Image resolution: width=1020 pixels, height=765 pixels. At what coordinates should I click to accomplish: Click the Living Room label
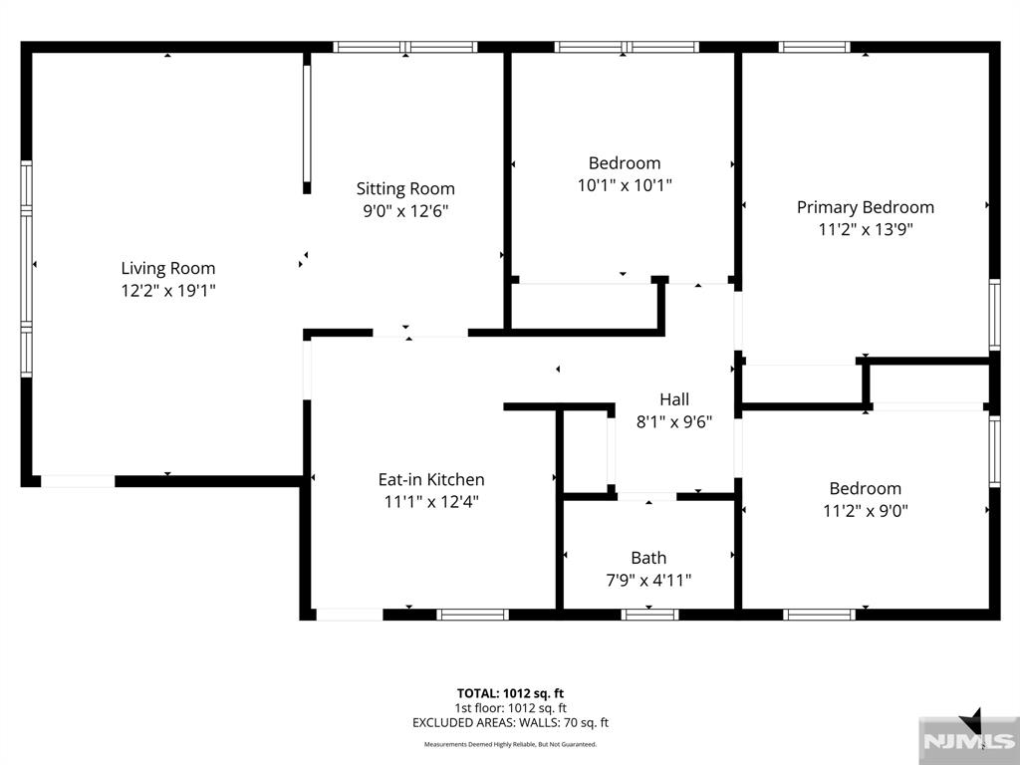coord(167,268)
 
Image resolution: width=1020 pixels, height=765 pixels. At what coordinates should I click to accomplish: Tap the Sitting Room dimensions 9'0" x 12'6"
coord(406,211)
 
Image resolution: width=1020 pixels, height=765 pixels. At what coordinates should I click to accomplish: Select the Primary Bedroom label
coord(866,207)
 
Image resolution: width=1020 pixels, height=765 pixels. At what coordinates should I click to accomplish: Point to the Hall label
coord(674,398)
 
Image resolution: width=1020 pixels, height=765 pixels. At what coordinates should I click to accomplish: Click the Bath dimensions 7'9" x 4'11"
coord(648,580)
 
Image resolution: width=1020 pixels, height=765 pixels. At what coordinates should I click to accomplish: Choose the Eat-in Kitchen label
coord(431,479)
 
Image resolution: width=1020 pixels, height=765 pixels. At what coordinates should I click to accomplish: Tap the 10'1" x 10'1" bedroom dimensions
coord(625,185)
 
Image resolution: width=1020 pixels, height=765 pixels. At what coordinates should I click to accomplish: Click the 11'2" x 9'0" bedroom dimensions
coord(866,511)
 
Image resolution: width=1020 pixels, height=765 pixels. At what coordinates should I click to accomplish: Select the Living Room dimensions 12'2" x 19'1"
coord(167,290)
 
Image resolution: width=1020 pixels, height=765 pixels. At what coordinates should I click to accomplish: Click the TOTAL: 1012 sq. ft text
coord(510,693)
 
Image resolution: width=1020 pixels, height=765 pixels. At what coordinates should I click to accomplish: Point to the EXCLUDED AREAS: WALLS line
coord(510,723)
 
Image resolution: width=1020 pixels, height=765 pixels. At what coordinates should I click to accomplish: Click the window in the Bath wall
coord(649,615)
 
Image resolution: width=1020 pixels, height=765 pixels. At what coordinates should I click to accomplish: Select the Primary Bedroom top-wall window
coord(814,47)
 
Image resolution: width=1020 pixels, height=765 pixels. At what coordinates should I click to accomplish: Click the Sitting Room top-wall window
coord(405,47)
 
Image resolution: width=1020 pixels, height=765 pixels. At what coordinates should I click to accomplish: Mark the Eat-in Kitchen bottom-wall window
coord(472,615)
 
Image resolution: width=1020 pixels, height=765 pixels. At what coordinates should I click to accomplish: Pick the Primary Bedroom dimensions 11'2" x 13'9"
coord(866,229)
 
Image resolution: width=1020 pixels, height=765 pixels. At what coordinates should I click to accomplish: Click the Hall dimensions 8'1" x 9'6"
coord(674,422)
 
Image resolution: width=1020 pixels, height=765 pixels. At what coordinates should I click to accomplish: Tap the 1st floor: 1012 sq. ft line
coord(510,708)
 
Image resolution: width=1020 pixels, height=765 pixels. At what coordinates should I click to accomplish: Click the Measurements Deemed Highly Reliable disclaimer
coord(510,744)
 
